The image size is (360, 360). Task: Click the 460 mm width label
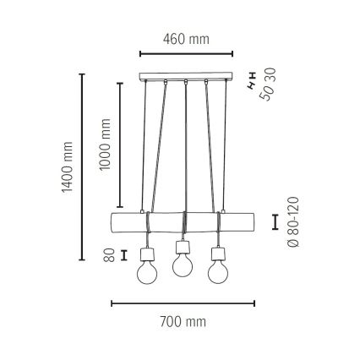point(184,39)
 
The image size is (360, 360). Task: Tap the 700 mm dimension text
point(184,322)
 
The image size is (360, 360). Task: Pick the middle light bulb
point(183,265)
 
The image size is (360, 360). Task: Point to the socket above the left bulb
point(146,252)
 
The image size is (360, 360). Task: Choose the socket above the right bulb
point(218,252)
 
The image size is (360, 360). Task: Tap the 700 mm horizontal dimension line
point(183,303)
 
